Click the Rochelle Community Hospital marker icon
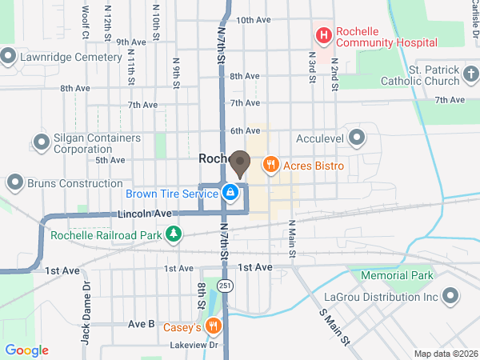(324, 35)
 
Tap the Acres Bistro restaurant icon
(270, 165)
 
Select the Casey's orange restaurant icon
(213, 326)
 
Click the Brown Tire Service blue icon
(230, 192)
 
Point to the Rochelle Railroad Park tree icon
(173, 234)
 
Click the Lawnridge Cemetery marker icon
(10, 57)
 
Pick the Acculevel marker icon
(357, 138)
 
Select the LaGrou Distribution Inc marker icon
(451, 297)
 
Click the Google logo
(27, 350)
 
